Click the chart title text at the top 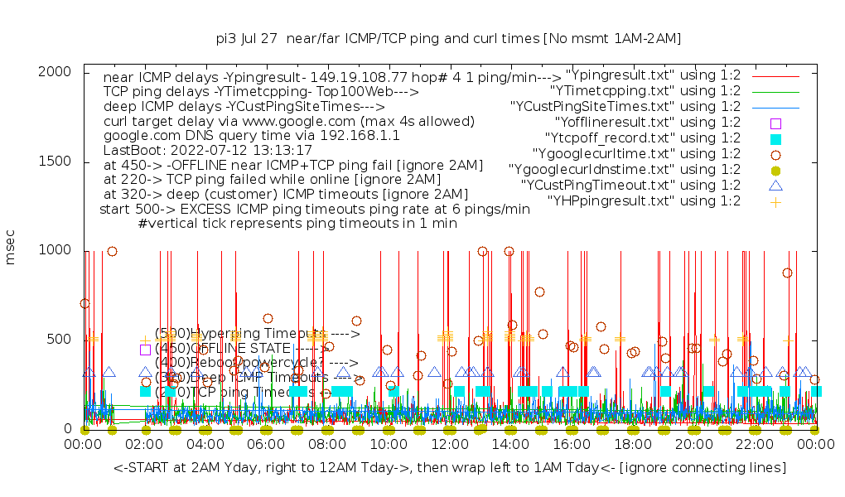448,38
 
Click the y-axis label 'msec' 11,249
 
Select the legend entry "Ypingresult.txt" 653,75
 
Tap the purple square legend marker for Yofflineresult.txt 776,123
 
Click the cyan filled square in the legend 776,138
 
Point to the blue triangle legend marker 776,185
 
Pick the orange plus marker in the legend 776,200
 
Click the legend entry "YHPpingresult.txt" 644,200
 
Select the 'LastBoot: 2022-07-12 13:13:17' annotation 208,151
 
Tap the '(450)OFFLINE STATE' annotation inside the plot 240,349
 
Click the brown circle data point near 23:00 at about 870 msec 787,273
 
